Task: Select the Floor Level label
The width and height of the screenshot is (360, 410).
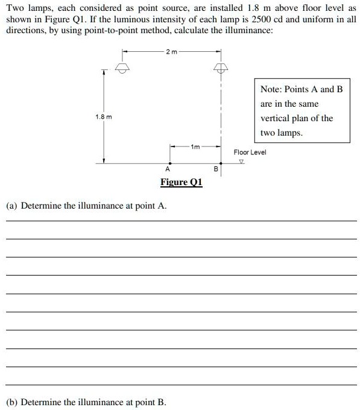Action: [250, 153]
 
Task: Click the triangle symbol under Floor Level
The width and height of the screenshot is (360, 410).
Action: [242, 161]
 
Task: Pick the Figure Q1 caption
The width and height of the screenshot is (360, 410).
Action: [181, 183]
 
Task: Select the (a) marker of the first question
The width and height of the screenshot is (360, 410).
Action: [12, 206]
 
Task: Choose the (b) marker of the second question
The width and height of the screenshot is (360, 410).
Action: [12, 402]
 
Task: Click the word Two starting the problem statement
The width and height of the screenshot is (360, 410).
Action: [15, 8]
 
